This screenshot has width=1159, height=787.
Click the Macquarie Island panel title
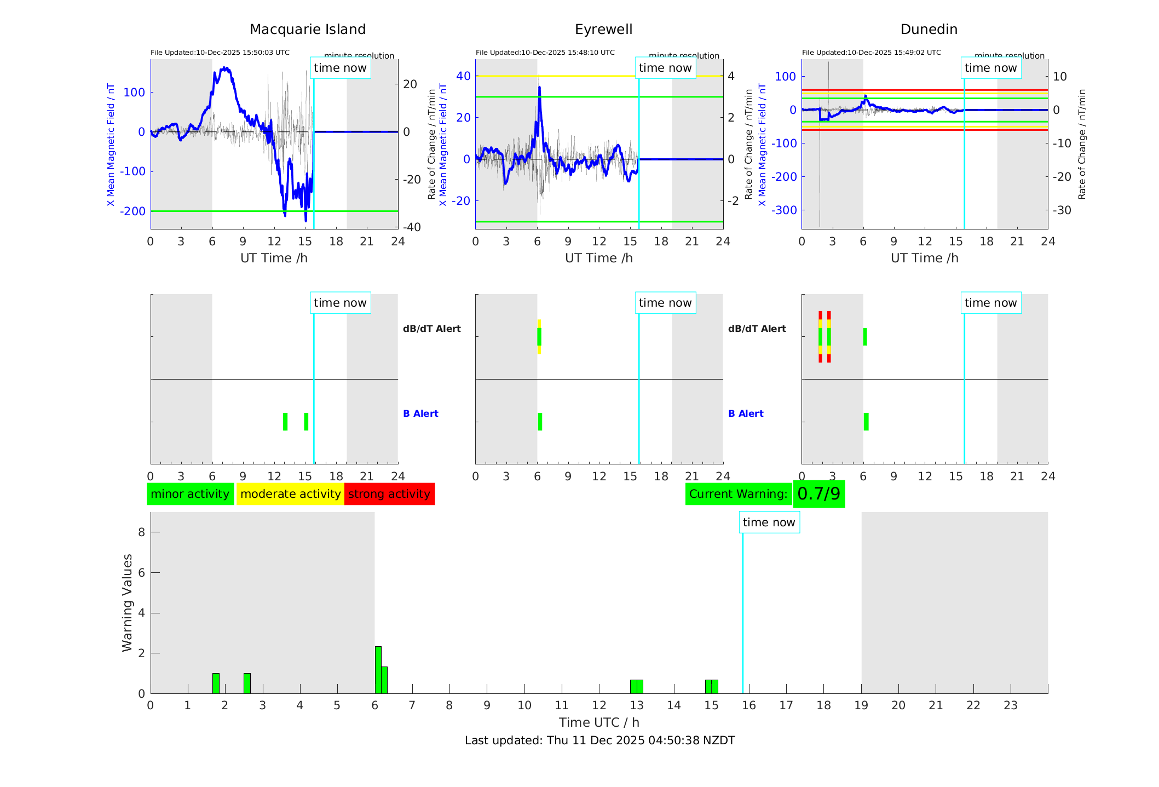pos(308,30)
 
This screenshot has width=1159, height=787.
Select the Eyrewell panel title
pos(603,30)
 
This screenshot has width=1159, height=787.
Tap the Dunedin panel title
pos(929,30)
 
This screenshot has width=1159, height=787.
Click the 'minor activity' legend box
pos(190,494)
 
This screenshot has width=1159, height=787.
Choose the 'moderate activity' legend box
pos(290,494)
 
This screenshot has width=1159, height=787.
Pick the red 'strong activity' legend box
pos(389,494)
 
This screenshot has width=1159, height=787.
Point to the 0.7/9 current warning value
pos(818,494)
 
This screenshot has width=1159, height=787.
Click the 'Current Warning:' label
pos(738,494)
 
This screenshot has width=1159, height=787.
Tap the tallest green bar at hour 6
pos(378,669)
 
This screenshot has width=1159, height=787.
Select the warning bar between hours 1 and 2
pos(216,683)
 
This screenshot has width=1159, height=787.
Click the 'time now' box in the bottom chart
pos(769,522)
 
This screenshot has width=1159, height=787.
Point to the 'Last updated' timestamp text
pos(599,740)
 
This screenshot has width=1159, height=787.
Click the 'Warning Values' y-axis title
pos(128,602)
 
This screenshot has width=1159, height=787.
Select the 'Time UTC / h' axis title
pos(599,722)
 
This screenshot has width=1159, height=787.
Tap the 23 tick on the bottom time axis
pos(1010,705)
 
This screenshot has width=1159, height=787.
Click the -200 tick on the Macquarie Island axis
pos(134,211)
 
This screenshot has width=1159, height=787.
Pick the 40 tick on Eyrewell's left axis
pos(463,76)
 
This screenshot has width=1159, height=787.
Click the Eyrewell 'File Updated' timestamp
pos(545,53)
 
